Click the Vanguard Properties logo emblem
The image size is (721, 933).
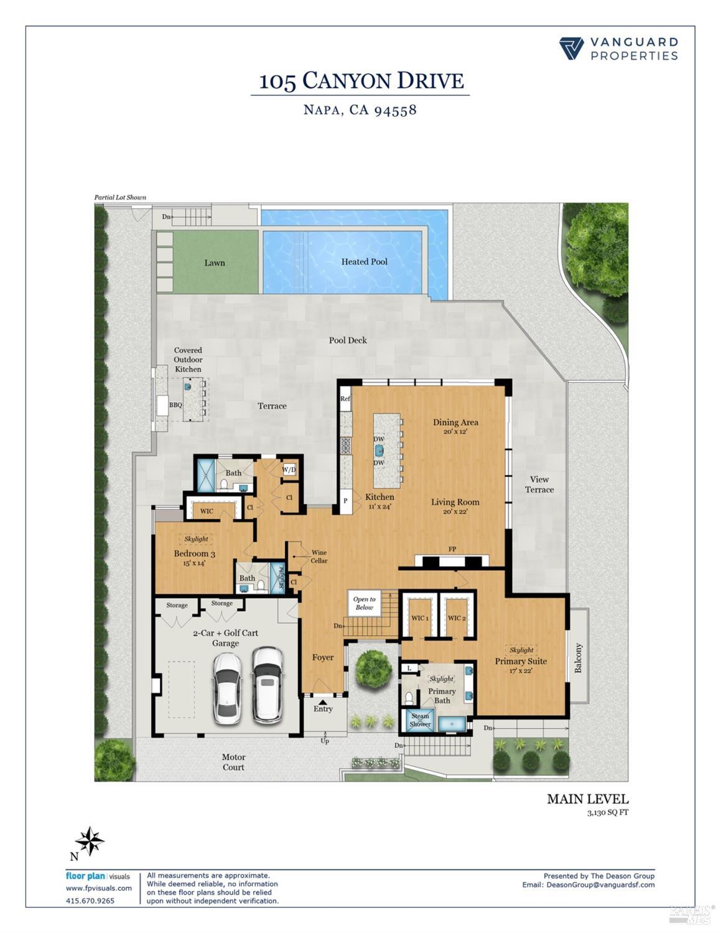point(571,49)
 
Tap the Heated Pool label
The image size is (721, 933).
point(364,262)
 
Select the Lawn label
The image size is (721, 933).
point(215,263)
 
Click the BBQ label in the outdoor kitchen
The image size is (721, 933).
point(176,405)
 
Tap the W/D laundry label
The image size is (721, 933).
point(289,469)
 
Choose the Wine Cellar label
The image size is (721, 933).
point(319,556)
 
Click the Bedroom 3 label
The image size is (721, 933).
point(194,554)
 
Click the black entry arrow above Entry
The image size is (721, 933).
point(322,702)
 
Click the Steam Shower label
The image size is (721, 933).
point(420,720)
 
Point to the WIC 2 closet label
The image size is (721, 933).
point(455,618)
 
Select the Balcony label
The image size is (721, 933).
point(578,658)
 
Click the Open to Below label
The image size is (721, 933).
point(365,603)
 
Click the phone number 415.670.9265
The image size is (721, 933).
point(90,901)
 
